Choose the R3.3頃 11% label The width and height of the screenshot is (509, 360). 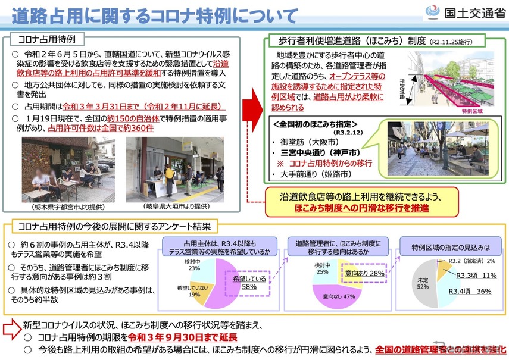pos(476,276)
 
